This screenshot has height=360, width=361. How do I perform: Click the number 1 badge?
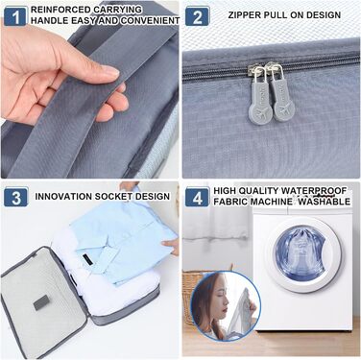pos(15,17)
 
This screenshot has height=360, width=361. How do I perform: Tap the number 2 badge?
pos(197,16)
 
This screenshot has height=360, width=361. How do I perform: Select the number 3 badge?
pos(16,197)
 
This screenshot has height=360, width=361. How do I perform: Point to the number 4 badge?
pos(198,197)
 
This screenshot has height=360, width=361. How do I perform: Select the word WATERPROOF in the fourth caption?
pos(314,191)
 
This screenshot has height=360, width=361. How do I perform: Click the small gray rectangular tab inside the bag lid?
pos(41,302)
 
